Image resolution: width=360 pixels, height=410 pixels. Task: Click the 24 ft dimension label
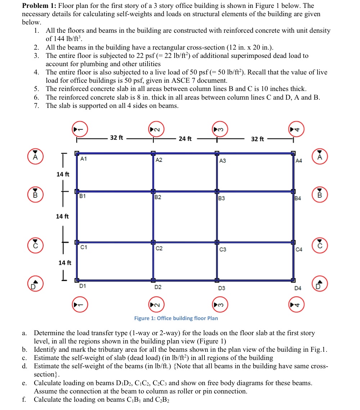point(185,138)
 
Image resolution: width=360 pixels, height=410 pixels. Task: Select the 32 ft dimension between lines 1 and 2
point(116,137)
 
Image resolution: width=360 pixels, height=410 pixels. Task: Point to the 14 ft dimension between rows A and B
point(63,174)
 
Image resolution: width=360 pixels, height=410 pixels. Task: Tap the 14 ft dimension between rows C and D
point(65,263)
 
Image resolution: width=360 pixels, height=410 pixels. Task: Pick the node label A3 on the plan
point(223,161)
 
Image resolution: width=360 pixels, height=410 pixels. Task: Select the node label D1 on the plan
point(82,286)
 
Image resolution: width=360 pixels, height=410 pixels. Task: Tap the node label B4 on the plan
point(298,198)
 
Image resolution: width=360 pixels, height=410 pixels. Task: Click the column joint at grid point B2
point(153,191)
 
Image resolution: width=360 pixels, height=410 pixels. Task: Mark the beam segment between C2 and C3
point(185,242)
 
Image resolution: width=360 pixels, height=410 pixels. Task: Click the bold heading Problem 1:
point(39,6)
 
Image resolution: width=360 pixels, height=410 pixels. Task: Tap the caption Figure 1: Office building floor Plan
point(176,318)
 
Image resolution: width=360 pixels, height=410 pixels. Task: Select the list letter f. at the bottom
point(24,400)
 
